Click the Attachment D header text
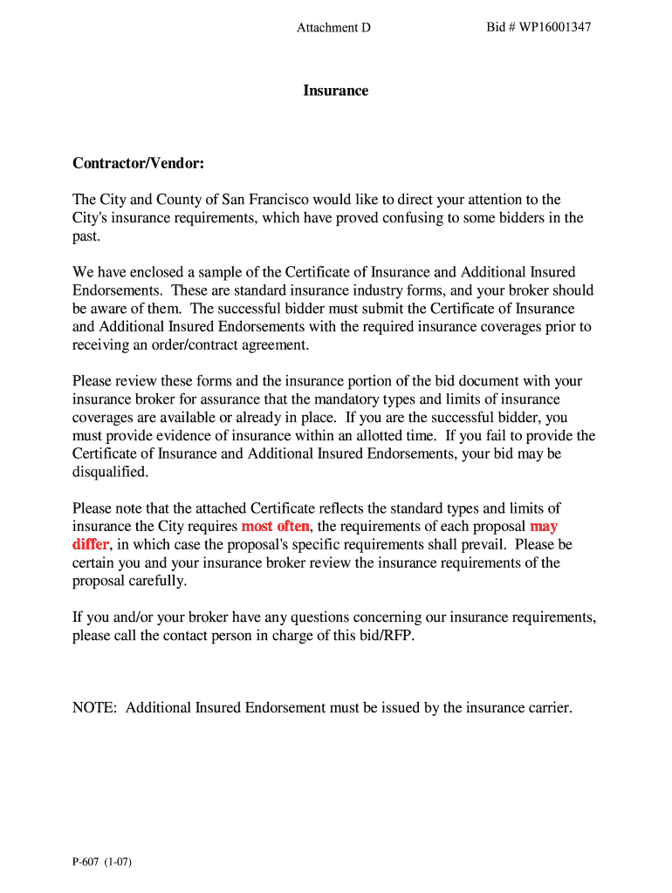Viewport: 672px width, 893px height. tap(333, 28)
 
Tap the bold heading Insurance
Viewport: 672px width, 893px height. tap(336, 91)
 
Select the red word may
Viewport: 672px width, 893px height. tap(544, 527)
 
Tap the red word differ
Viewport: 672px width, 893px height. tap(90, 545)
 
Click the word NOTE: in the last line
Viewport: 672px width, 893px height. tap(95, 708)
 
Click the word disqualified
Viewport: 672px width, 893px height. tap(110, 473)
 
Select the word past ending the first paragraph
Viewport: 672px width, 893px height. tap(86, 236)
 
